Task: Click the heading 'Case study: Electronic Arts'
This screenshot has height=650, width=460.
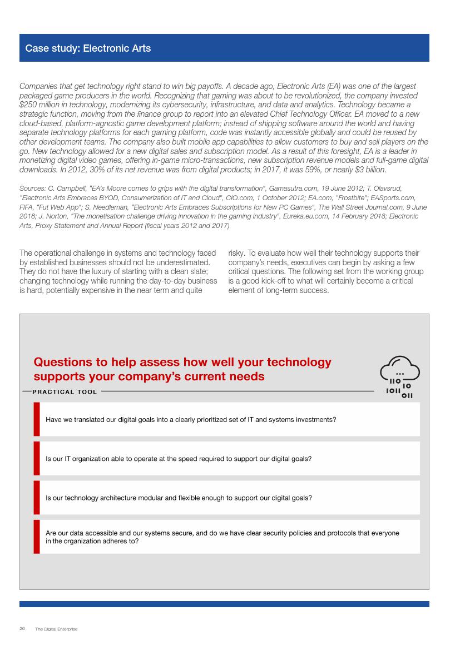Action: (x=88, y=48)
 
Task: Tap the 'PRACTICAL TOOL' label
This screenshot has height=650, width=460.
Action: (x=65, y=392)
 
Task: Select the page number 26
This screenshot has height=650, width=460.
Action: (x=22, y=629)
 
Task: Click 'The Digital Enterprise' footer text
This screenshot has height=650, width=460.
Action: (x=56, y=629)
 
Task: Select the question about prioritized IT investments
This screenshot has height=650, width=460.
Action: (x=191, y=419)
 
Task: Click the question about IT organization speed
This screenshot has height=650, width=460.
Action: (x=179, y=459)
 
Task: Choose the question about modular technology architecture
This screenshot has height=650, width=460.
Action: (x=179, y=498)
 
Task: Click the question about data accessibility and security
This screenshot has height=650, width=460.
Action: (x=222, y=537)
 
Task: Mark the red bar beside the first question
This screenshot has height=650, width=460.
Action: (x=37, y=419)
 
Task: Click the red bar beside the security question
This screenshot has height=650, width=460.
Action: (x=37, y=537)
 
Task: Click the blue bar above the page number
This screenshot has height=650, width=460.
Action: (x=224, y=604)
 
